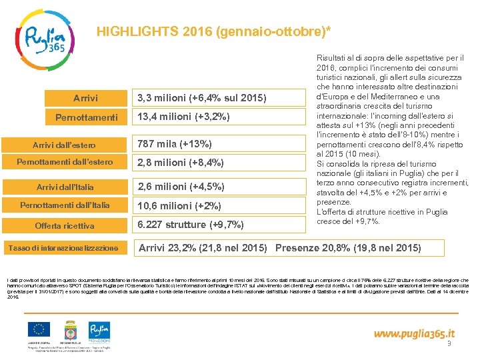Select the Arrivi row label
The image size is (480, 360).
point(85,99)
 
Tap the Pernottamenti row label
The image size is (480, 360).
point(85,117)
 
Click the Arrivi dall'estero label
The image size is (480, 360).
point(65,145)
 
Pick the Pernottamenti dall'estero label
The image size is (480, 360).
point(65,162)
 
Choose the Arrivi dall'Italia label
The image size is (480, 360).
point(65,187)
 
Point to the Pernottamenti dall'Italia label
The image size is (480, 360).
point(65,205)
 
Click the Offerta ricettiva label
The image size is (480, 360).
point(65,225)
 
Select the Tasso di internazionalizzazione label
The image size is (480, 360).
point(63,248)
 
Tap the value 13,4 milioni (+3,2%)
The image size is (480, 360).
point(183,117)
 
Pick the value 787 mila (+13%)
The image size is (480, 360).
point(175,144)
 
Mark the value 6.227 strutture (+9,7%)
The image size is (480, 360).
point(191,224)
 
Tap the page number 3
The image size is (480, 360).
point(449,344)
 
